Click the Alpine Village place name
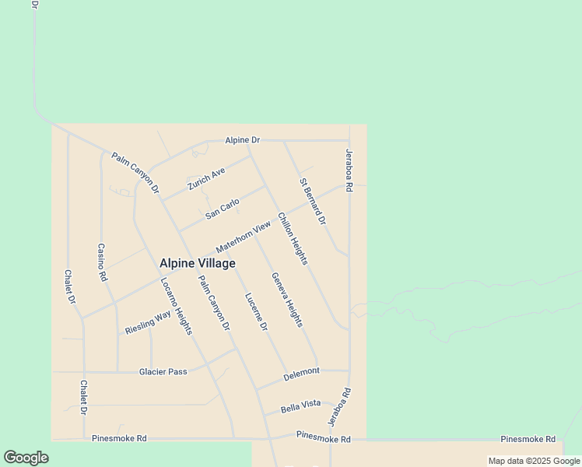[x=198, y=264]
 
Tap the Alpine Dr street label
[x=242, y=140]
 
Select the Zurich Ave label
[x=206, y=179]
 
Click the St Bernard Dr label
[x=312, y=202]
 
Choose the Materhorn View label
[x=244, y=236]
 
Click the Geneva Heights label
[x=286, y=300]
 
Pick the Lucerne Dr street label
[x=256, y=312]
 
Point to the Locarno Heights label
[x=176, y=307]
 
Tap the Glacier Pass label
[x=163, y=372]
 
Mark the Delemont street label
[x=301, y=372]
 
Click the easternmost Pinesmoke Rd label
[x=528, y=439]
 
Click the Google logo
[x=26, y=458]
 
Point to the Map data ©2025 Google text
[x=535, y=461]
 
